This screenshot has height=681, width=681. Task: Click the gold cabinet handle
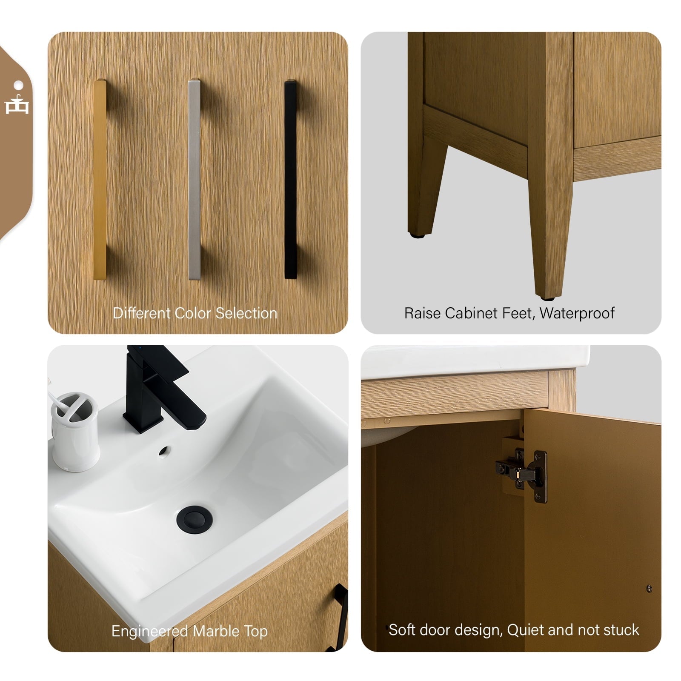pos(100,179)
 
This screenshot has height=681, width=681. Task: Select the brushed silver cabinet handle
pos(194,179)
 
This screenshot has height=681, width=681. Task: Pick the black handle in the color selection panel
pos(290,179)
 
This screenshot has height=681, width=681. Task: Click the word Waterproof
pos(577,313)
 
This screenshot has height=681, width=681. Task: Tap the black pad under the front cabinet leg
pos(547,298)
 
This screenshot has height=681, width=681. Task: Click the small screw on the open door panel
pos(649,589)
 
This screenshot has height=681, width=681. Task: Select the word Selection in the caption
pos(246,313)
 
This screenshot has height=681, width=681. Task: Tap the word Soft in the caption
pos(402,630)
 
